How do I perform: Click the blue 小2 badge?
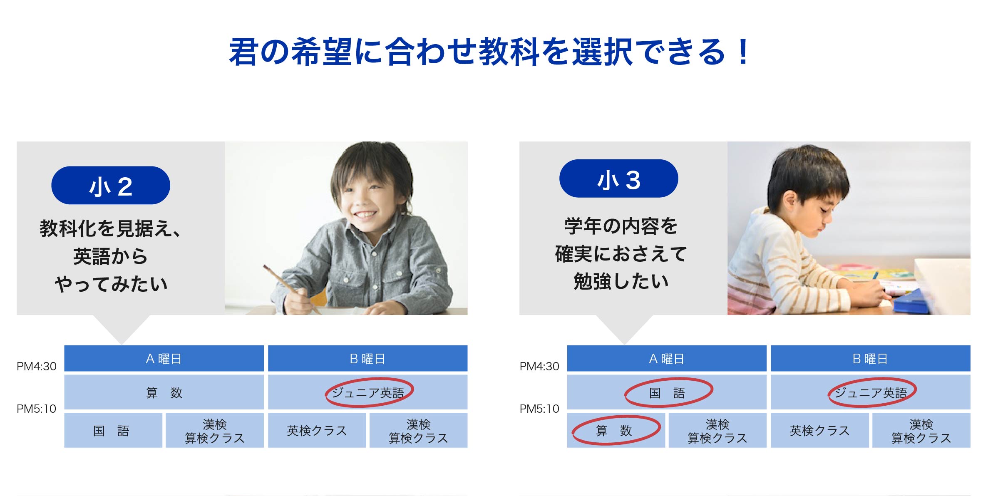111,185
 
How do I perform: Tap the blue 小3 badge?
618,179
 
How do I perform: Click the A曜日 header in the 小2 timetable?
164,358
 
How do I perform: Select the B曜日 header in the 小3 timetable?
870,358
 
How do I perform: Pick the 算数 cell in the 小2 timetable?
164,392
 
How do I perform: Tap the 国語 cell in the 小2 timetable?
113,430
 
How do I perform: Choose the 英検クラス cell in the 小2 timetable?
317,430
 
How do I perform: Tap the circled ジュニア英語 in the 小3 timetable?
872,392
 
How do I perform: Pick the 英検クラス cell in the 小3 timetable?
819,430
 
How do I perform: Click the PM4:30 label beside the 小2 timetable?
37,366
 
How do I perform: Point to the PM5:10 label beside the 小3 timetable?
539,409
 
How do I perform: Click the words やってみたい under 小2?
111,284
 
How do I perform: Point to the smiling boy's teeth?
365,215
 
